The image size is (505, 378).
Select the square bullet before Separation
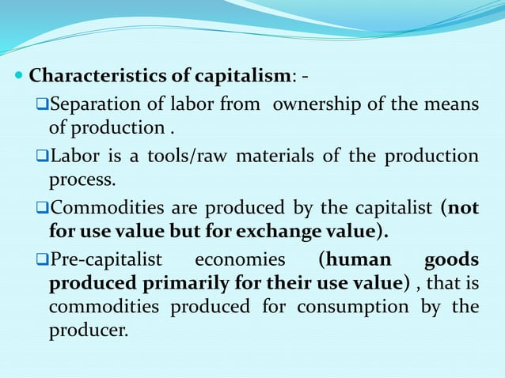[43, 104]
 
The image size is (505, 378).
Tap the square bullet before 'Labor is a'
[43, 156]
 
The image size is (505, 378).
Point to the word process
[82, 180]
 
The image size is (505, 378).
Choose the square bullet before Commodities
[43, 208]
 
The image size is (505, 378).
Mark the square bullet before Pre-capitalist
[43, 260]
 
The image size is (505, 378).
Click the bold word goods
[451, 260]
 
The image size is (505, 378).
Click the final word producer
[87, 331]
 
